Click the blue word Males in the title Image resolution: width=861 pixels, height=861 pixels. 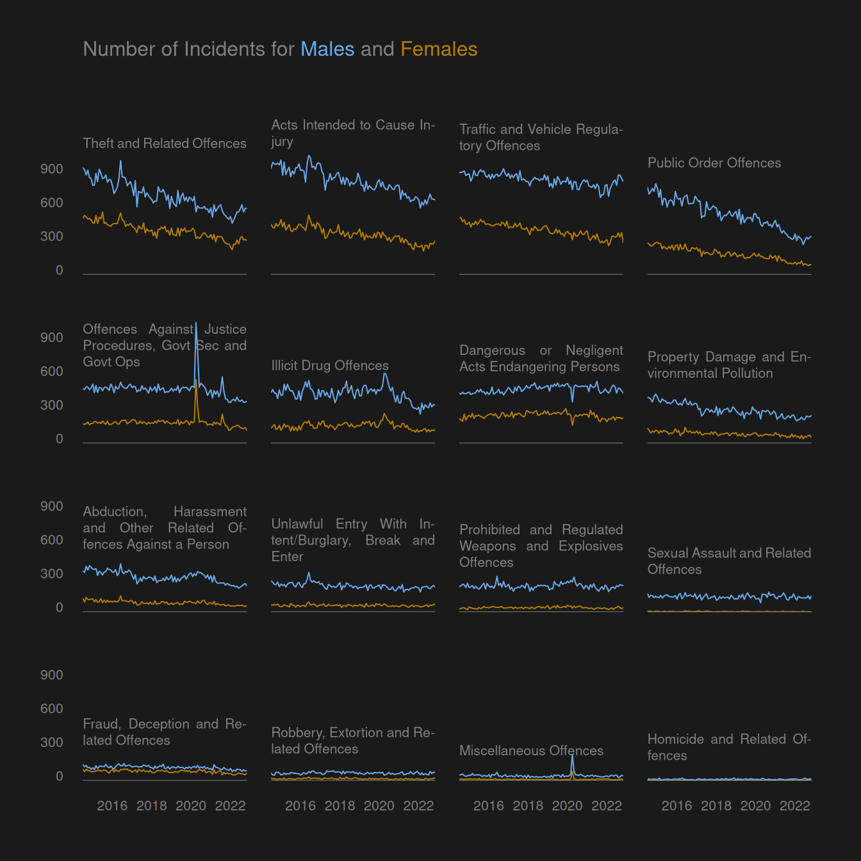[327, 49]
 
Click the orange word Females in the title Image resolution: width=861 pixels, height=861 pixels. [439, 49]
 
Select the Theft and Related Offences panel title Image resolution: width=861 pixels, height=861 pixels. [165, 143]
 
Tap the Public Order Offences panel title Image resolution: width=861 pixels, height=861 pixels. [714, 163]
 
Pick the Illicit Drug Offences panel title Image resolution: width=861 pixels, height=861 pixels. [330, 366]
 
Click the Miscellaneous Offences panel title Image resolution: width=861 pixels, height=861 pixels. [531, 751]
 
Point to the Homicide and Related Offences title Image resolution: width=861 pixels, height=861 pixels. [729, 747]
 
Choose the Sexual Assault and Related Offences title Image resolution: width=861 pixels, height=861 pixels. [729, 561]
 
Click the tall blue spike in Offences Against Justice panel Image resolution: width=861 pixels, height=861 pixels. [196, 327]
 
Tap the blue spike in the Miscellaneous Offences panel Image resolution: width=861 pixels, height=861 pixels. [572, 757]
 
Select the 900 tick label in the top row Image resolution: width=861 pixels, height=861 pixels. [52, 169]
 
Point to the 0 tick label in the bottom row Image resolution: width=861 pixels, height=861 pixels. [60, 776]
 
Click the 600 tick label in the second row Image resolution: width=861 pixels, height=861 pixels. [52, 372]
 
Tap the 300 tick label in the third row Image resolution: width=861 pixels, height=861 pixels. [52, 574]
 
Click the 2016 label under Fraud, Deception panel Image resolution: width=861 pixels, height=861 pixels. [112, 806]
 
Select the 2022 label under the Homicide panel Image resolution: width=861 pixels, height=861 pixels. [795, 806]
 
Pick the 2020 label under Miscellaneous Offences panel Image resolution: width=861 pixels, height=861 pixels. [568, 806]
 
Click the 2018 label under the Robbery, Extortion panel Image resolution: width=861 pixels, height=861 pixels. [340, 806]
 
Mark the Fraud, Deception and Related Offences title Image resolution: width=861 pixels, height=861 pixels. [165, 732]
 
